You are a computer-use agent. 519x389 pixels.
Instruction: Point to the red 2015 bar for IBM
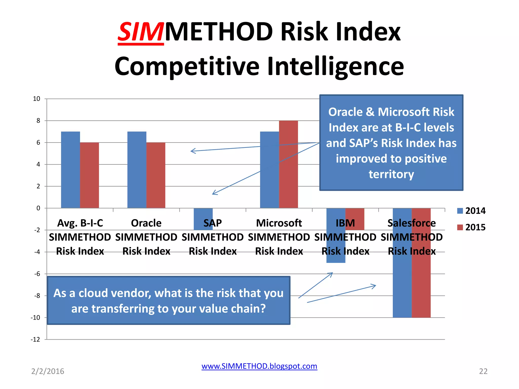(355, 215)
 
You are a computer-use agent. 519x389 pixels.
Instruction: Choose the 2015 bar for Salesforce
(421, 279)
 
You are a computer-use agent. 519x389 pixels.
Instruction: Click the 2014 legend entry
(471, 211)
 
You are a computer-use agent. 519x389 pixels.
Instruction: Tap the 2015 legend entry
(471, 227)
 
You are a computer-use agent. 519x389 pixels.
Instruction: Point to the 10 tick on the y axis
(36, 99)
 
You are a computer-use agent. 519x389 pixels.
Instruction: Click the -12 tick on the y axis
(35, 339)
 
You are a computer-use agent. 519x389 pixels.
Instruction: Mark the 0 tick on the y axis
(38, 208)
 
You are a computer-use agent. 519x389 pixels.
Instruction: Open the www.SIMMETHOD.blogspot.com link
(259, 366)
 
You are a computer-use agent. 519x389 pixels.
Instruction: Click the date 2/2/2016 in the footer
(48, 371)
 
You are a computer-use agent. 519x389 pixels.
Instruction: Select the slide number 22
(483, 371)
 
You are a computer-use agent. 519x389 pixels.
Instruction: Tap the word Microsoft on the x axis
(279, 223)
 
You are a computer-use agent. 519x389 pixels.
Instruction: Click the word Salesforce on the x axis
(412, 223)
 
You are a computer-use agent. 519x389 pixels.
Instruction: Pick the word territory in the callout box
(391, 174)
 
